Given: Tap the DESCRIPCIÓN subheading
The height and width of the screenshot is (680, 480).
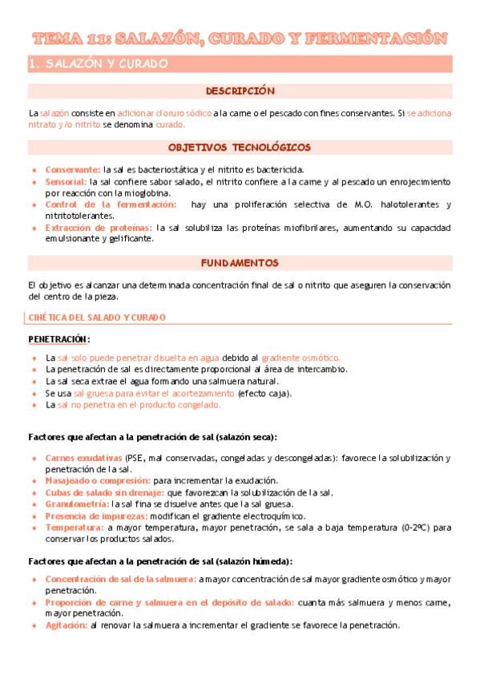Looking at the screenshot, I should (x=240, y=91).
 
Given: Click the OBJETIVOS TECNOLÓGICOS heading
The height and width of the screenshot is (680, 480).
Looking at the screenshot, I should (x=240, y=148).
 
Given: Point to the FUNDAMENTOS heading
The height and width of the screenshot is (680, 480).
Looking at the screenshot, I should (x=240, y=262).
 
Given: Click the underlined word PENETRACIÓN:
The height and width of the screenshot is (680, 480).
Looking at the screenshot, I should (x=59, y=339).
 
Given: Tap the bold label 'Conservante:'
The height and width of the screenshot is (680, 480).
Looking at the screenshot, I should (x=73, y=170).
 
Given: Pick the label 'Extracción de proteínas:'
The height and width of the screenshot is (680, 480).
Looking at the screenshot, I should (x=99, y=228).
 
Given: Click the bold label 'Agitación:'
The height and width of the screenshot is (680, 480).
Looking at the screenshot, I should (x=67, y=625).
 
